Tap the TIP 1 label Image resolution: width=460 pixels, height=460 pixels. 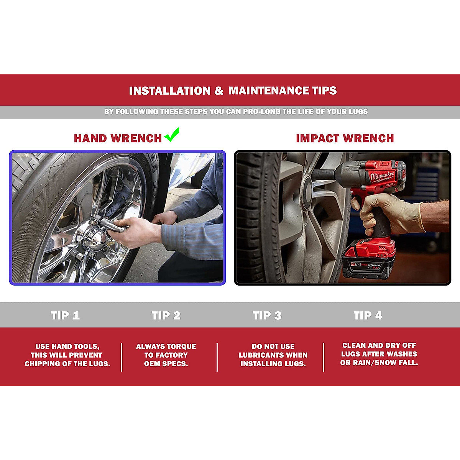(x=65, y=315)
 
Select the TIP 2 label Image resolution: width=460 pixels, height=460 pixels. (x=166, y=315)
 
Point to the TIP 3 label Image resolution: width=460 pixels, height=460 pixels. (x=267, y=315)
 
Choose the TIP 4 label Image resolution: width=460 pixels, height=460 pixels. (x=368, y=315)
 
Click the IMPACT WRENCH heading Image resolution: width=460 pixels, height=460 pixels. (x=345, y=138)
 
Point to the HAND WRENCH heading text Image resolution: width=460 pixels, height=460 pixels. (x=118, y=138)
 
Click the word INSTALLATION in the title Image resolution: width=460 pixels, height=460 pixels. (x=170, y=91)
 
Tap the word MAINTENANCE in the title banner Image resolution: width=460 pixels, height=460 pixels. (x=272, y=91)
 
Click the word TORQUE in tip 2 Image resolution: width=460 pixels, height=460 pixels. (x=180, y=347)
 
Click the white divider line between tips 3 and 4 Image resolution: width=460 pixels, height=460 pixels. (x=324, y=357)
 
